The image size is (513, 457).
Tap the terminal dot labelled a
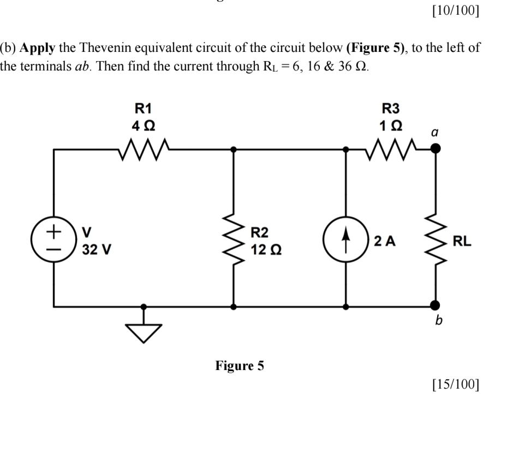click(435, 148)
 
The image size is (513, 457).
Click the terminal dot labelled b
click(435, 306)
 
